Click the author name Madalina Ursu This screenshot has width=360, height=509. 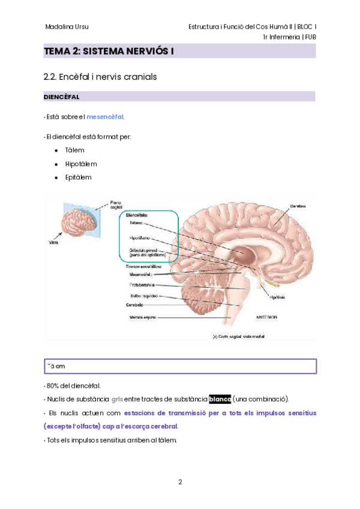[x=67, y=26]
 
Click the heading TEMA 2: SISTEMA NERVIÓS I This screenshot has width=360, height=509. [x=109, y=52]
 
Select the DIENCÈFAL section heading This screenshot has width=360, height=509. [x=62, y=97]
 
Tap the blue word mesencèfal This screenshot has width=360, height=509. [x=106, y=116]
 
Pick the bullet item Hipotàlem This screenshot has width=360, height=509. [x=81, y=164]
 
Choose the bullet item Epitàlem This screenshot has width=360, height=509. [x=79, y=177]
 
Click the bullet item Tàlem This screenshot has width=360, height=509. [x=75, y=150]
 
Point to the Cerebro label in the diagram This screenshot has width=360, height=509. [x=298, y=205]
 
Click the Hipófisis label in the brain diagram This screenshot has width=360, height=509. [x=277, y=297]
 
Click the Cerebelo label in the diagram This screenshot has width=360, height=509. [x=134, y=305]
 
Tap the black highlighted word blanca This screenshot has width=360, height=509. [x=220, y=399]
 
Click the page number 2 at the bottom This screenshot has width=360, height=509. [x=180, y=481]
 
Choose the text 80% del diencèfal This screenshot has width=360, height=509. [x=73, y=385]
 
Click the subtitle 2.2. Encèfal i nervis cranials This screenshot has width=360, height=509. [x=100, y=77]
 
